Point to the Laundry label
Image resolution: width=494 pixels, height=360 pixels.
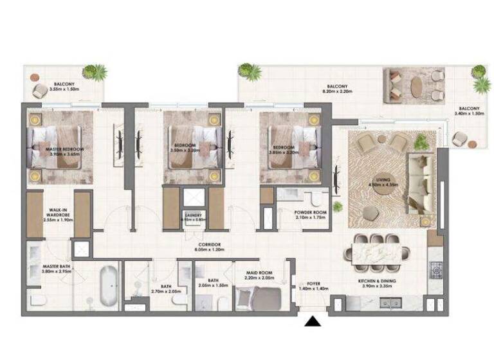(x=193, y=215)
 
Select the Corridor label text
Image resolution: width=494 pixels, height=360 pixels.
(x=209, y=245)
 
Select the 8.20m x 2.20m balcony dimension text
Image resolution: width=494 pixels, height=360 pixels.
(x=337, y=92)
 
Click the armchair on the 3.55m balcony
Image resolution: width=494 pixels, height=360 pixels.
(x=39, y=90)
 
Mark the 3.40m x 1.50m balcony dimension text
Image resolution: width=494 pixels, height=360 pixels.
(x=468, y=114)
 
